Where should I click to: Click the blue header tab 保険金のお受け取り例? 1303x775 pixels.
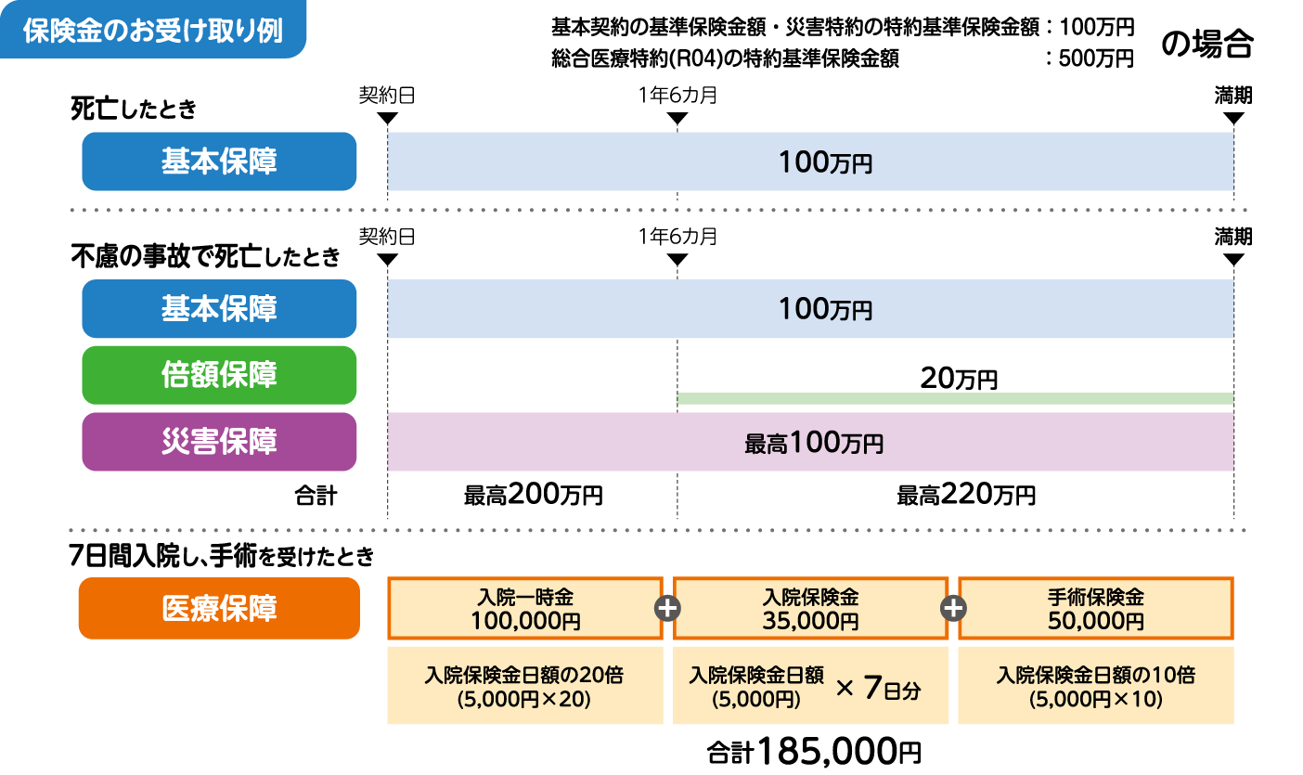[x=153, y=29]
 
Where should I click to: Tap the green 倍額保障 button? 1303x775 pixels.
[x=219, y=375]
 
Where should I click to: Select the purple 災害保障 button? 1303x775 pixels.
[x=219, y=442]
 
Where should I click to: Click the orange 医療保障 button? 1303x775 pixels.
[x=219, y=608]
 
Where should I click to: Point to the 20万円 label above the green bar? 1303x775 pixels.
[x=959, y=378]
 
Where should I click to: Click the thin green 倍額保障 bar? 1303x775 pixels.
[x=955, y=398]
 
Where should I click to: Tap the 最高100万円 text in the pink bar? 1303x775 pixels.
[x=813, y=443]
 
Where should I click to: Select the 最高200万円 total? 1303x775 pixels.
[x=533, y=495]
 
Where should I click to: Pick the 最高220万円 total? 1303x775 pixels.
[x=965, y=495]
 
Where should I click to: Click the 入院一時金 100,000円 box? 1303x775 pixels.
[x=524, y=608]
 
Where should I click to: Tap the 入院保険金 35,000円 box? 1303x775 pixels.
[x=810, y=608]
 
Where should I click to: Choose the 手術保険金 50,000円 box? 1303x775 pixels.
[x=1095, y=608]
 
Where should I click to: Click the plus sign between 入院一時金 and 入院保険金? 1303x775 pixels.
[x=667, y=608]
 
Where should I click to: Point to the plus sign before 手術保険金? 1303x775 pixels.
[x=953, y=608]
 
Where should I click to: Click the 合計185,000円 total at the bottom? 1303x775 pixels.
[x=814, y=750]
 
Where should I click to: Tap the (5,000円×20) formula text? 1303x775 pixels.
[x=524, y=699]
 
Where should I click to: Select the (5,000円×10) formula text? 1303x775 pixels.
[x=1095, y=699]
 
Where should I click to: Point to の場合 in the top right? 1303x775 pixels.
[x=1207, y=42]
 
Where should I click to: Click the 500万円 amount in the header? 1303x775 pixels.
[x=1096, y=58]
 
